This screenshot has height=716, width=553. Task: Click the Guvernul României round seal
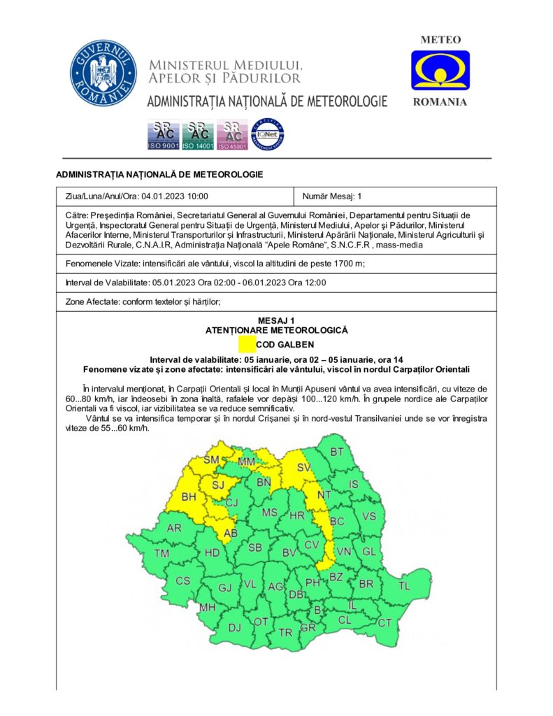[x=103, y=73]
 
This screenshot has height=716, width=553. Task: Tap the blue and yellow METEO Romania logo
[x=440, y=71]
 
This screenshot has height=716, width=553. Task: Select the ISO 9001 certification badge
[x=164, y=135]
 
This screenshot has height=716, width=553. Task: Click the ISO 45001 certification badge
[x=233, y=135]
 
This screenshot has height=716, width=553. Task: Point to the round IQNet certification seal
[x=268, y=134]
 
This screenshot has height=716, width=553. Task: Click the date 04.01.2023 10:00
[x=175, y=196]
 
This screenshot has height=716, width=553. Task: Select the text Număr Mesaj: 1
[x=332, y=196]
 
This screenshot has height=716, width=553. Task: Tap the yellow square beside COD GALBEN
[x=247, y=344]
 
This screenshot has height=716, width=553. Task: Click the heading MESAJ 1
[x=276, y=320]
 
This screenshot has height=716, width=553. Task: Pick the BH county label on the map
[x=189, y=497]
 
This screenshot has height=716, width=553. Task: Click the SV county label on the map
[x=303, y=466]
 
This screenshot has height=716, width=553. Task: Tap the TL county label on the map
[x=404, y=586]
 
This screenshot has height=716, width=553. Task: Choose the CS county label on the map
[x=182, y=581]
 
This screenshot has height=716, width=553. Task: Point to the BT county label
[x=337, y=452]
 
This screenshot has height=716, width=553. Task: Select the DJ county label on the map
[x=235, y=627]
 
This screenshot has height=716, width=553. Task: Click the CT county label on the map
[x=385, y=622]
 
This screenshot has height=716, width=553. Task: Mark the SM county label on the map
[x=211, y=460]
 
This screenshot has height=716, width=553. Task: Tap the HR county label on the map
[x=296, y=515]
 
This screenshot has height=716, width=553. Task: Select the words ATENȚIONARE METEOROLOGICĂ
[x=276, y=329]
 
